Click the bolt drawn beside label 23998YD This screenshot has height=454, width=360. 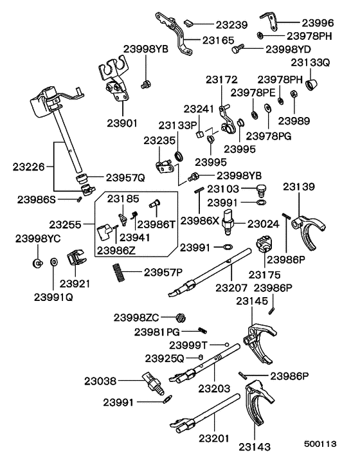pyautogui.click(x=239, y=46)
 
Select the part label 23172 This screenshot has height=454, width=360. pyautogui.click(x=222, y=80)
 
